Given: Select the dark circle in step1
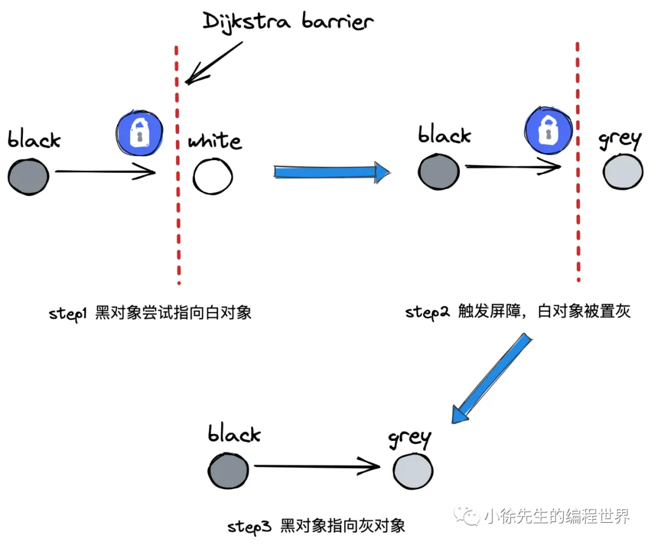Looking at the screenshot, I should click(28, 176).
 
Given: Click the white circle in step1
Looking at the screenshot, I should click(213, 176).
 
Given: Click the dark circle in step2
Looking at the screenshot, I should click(439, 171).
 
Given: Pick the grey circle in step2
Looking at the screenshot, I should click(623, 172).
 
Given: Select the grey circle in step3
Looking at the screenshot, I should click(413, 469).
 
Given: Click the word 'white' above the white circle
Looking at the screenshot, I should click(215, 142).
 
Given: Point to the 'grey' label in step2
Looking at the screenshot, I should click(619, 140).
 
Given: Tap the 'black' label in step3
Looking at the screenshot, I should click(234, 434).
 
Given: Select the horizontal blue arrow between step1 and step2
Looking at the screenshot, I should click(332, 172).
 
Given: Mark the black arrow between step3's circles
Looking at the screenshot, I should click(316, 465).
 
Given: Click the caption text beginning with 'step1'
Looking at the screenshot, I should click(150, 313).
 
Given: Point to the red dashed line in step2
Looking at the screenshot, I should click(578, 163).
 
